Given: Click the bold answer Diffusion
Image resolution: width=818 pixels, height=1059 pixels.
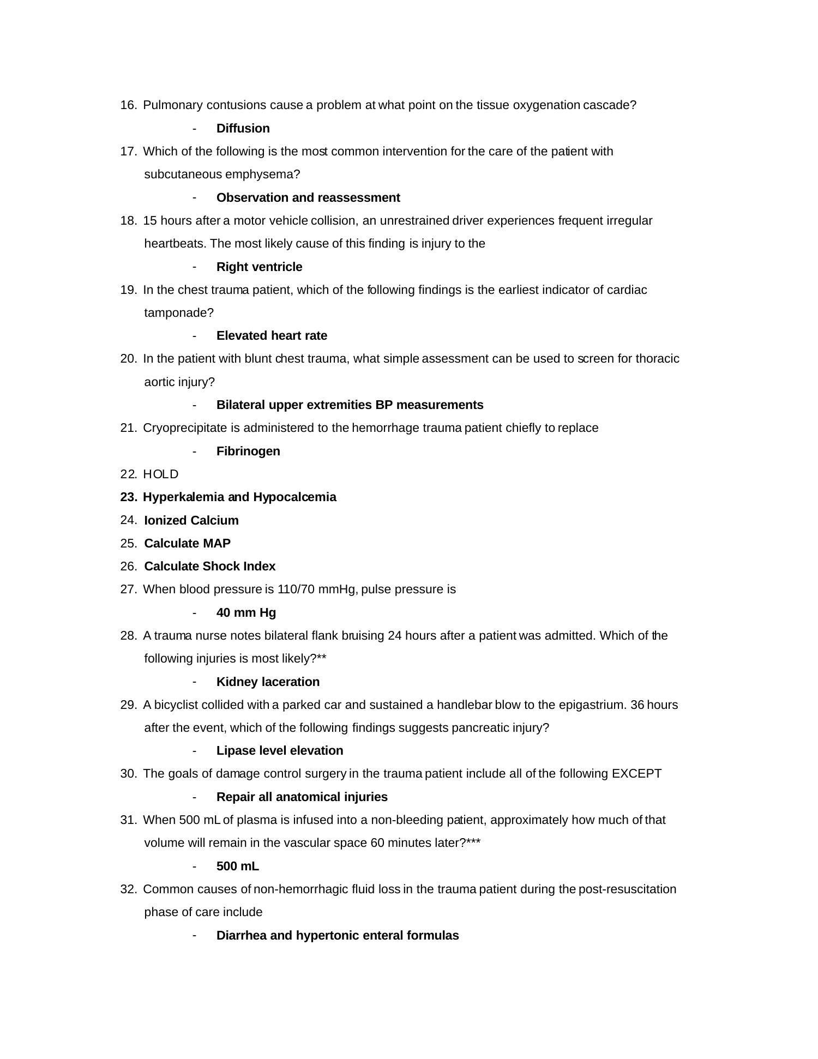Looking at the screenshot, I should [243, 128].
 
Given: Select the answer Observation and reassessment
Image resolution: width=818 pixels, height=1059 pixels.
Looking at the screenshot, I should [308, 197].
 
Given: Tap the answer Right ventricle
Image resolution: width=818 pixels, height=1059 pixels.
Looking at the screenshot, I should [259, 267].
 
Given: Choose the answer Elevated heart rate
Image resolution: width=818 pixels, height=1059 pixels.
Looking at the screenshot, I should [272, 335].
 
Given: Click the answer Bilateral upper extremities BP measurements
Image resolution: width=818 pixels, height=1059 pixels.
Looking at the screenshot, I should [350, 405].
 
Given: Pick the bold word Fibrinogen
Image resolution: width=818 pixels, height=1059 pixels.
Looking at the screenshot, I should [248, 451].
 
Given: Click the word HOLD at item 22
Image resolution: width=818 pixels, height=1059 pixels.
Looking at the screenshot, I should [160, 474].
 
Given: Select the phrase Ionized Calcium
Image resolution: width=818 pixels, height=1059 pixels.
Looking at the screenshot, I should [191, 520].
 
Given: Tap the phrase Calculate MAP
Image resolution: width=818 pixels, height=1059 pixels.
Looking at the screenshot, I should [187, 543].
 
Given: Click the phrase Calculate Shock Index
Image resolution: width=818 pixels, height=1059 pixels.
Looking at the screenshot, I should [209, 566].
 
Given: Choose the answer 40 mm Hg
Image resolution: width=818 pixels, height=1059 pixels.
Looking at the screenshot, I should [246, 612].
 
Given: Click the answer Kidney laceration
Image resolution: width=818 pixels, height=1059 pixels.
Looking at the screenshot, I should [268, 682].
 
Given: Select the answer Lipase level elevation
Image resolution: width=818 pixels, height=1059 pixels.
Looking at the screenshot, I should [280, 750].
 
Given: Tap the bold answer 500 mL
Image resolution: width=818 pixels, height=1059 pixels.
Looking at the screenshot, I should [237, 866].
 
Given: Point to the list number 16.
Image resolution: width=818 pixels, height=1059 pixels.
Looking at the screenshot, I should [128, 105].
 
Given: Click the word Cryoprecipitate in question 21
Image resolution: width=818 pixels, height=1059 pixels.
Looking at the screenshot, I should [184, 428].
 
